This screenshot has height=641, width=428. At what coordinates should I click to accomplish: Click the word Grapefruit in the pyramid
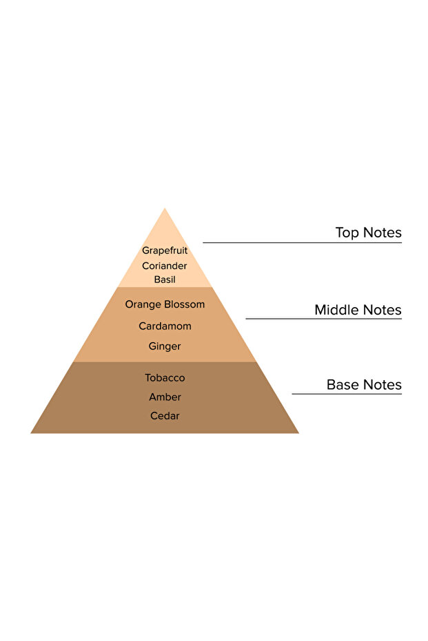tap(165, 251)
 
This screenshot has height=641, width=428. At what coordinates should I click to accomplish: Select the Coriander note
tap(165, 266)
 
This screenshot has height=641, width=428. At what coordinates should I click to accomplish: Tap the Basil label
tap(165, 280)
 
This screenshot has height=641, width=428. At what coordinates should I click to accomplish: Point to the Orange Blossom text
tap(165, 304)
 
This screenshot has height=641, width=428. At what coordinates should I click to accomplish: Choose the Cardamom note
tap(165, 326)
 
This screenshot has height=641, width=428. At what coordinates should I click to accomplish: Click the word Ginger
tap(165, 346)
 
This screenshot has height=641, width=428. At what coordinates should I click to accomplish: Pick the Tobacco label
tap(165, 378)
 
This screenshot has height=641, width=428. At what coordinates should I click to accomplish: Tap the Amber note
tap(165, 397)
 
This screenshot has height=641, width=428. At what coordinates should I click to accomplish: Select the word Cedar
tap(165, 416)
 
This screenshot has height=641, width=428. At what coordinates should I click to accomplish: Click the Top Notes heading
tap(368, 233)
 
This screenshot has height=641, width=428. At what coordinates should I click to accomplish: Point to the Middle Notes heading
tap(358, 310)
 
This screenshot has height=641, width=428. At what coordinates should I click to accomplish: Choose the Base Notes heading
tap(364, 385)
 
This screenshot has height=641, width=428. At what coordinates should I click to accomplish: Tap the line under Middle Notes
tap(323, 319)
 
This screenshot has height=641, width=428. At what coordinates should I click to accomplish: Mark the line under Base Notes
tap(347, 394)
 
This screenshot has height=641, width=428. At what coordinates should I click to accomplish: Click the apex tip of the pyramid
tap(165, 209)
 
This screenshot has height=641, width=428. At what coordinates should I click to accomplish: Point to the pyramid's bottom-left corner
tap(32, 432)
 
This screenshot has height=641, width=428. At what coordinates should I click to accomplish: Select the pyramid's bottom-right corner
tap(297, 432)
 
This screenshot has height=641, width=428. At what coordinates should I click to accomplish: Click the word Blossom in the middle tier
tap(185, 304)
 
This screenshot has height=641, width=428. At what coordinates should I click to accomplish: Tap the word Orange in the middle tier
tap(143, 304)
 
